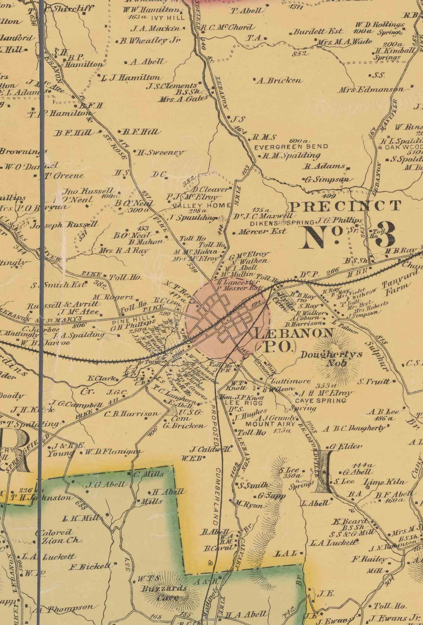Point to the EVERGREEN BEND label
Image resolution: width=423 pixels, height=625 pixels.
click(291, 147)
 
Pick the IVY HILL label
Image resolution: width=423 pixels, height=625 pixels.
click(168, 18)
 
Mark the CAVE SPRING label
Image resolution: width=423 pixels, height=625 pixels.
click(320, 401)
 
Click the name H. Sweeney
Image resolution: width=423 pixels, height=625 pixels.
click(161, 153)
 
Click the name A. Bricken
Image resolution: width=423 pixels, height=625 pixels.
click(279, 80)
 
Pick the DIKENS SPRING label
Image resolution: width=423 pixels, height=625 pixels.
click(282, 223)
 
